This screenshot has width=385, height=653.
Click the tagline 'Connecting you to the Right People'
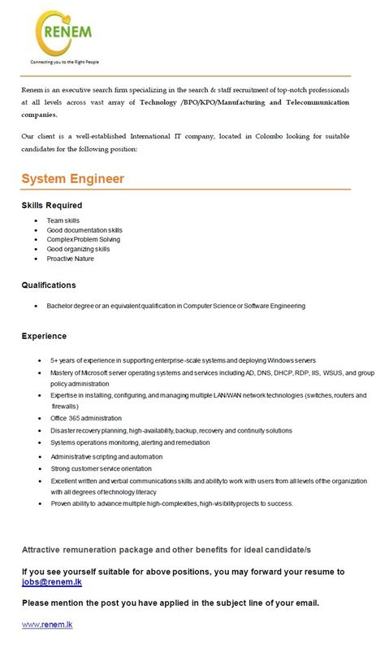point(65,62)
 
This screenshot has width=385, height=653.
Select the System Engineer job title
point(72,177)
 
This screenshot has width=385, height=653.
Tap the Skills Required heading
point(52,205)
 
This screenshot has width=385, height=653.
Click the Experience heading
point(44,335)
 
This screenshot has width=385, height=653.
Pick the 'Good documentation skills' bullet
point(84,230)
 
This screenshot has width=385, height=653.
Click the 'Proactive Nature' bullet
point(71,259)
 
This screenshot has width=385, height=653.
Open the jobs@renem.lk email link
point(50,582)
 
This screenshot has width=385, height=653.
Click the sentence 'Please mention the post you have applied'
point(171,603)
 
